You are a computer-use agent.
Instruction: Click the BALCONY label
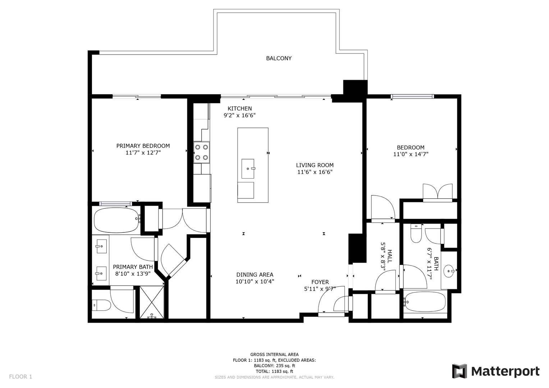(x=279, y=58)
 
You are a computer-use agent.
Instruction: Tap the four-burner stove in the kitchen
(x=201, y=152)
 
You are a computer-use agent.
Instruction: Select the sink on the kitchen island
(x=248, y=168)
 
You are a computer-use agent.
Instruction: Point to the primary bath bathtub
(x=117, y=220)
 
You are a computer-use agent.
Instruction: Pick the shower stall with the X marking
(x=152, y=302)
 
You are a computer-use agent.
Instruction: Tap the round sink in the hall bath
(x=449, y=271)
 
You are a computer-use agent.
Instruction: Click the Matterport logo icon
(x=459, y=371)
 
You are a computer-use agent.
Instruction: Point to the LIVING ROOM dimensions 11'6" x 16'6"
(x=315, y=172)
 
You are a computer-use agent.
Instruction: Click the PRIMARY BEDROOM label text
(x=143, y=146)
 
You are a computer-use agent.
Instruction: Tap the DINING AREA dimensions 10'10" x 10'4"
(x=255, y=281)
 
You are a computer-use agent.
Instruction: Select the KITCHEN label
(x=240, y=108)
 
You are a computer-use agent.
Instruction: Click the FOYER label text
(x=320, y=282)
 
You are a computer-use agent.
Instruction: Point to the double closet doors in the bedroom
(x=438, y=193)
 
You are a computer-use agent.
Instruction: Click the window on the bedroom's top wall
(x=412, y=97)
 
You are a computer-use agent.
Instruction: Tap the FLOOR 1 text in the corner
(x=20, y=377)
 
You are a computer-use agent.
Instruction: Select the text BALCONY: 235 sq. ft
(x=275, y=366)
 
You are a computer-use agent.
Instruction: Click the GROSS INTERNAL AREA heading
(x=275, y=355)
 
